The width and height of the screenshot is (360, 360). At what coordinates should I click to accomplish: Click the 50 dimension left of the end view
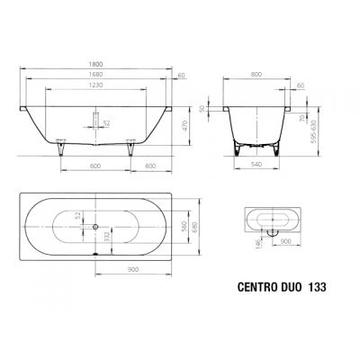point(203,110)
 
